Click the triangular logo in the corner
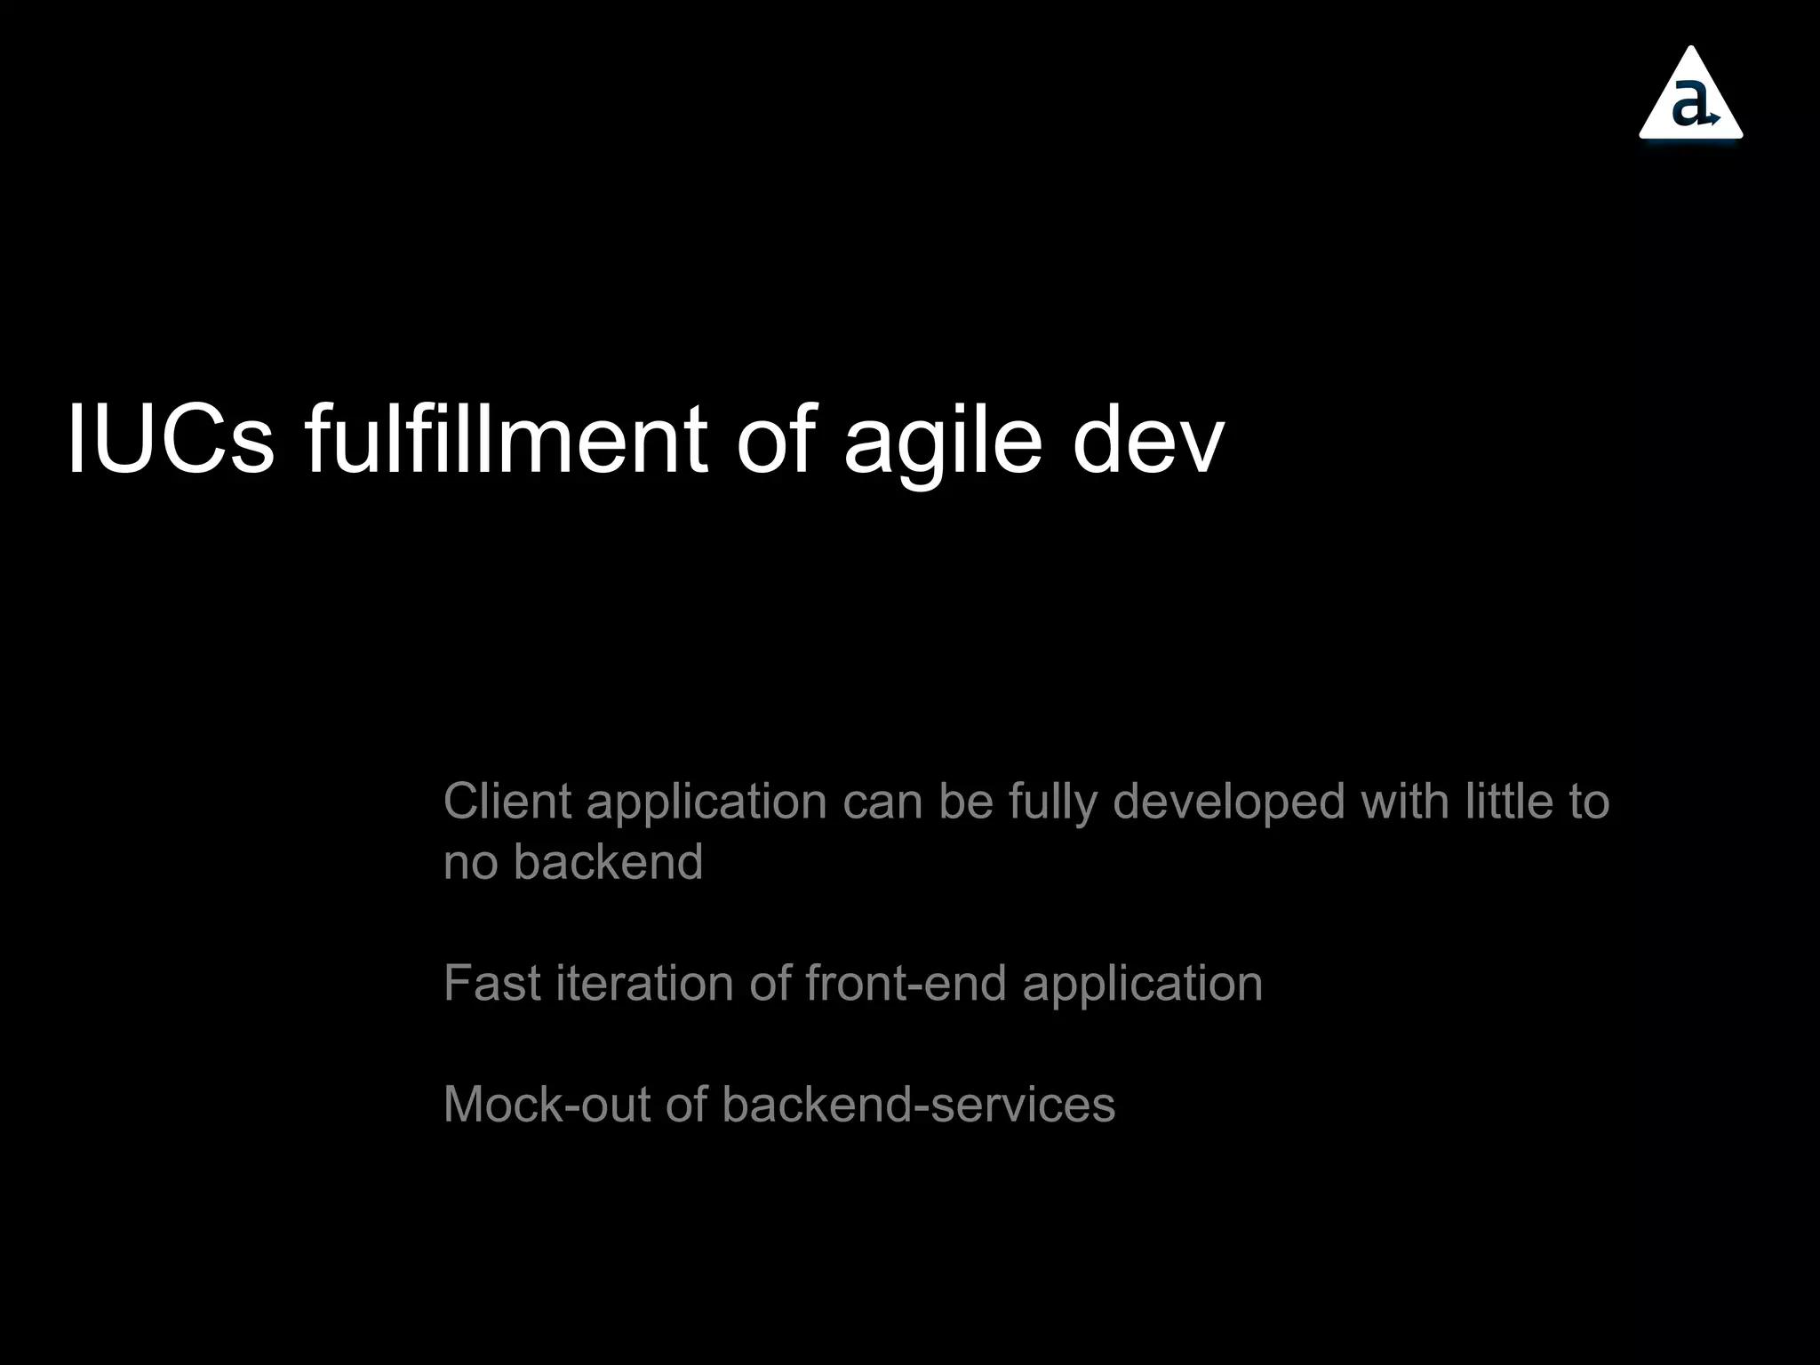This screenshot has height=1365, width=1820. pyautogui.click(x=1690, y=96)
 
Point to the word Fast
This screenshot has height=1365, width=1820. pyautogui.click(x=491, y=983)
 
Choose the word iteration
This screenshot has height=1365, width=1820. pyautogui.click(x=644, y=983)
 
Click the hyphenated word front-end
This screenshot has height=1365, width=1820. pyautogui.click(x=906, y=983)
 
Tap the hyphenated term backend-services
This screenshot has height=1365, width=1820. pyautogui.click(x=918, y=1105)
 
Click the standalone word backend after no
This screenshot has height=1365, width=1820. pyautogui.click(x=609, y=862)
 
